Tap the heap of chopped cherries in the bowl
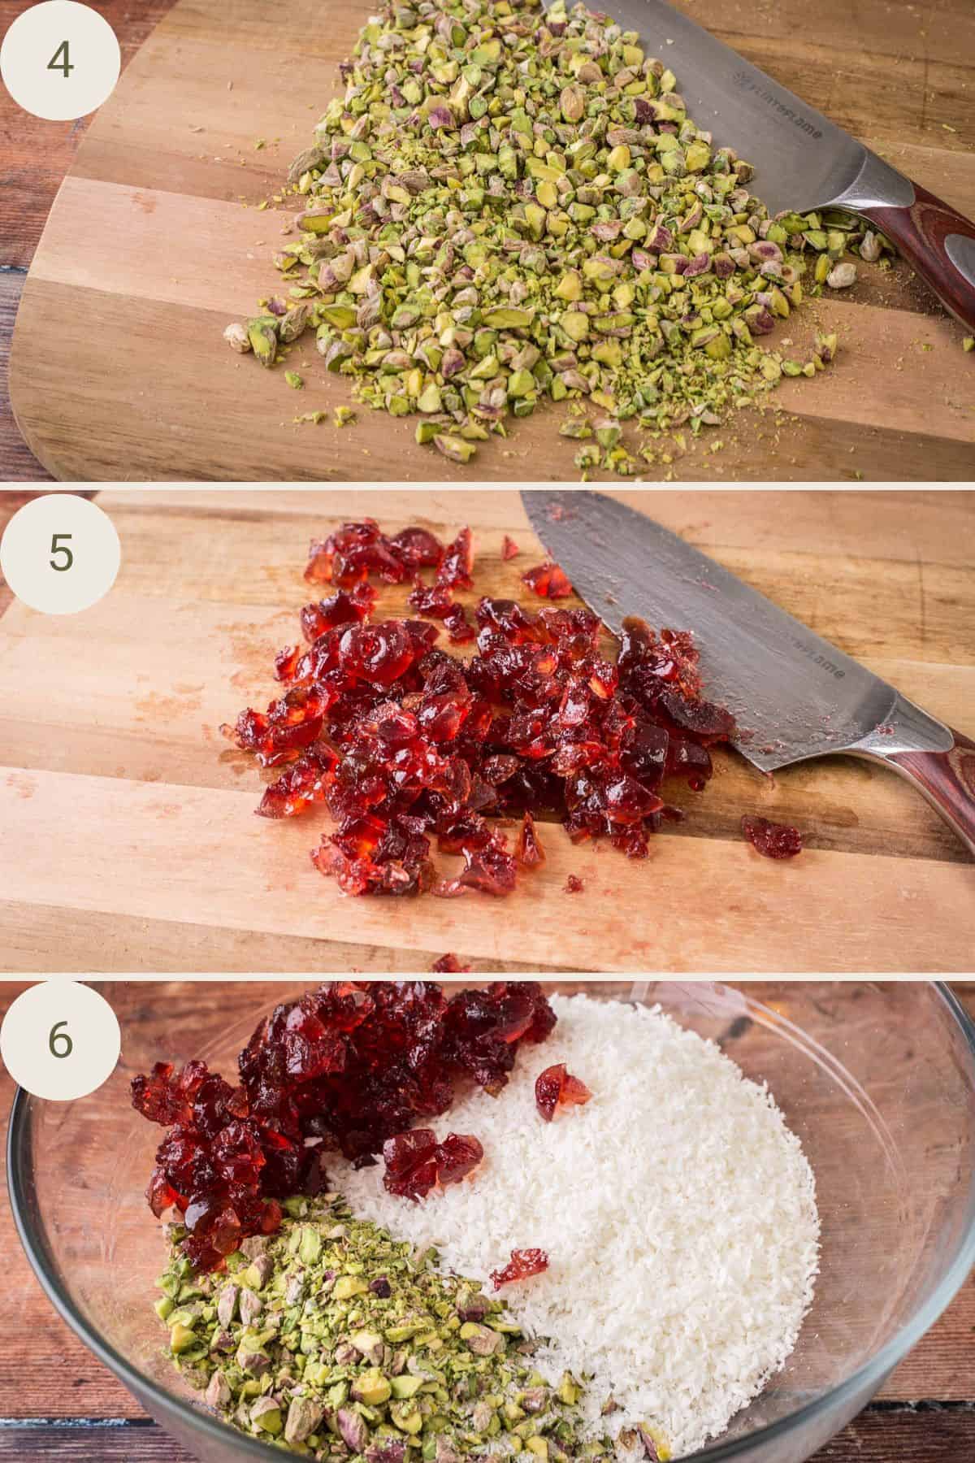(325, 1073)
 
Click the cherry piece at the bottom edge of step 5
(452, 964)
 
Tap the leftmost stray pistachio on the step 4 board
(237, 336)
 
